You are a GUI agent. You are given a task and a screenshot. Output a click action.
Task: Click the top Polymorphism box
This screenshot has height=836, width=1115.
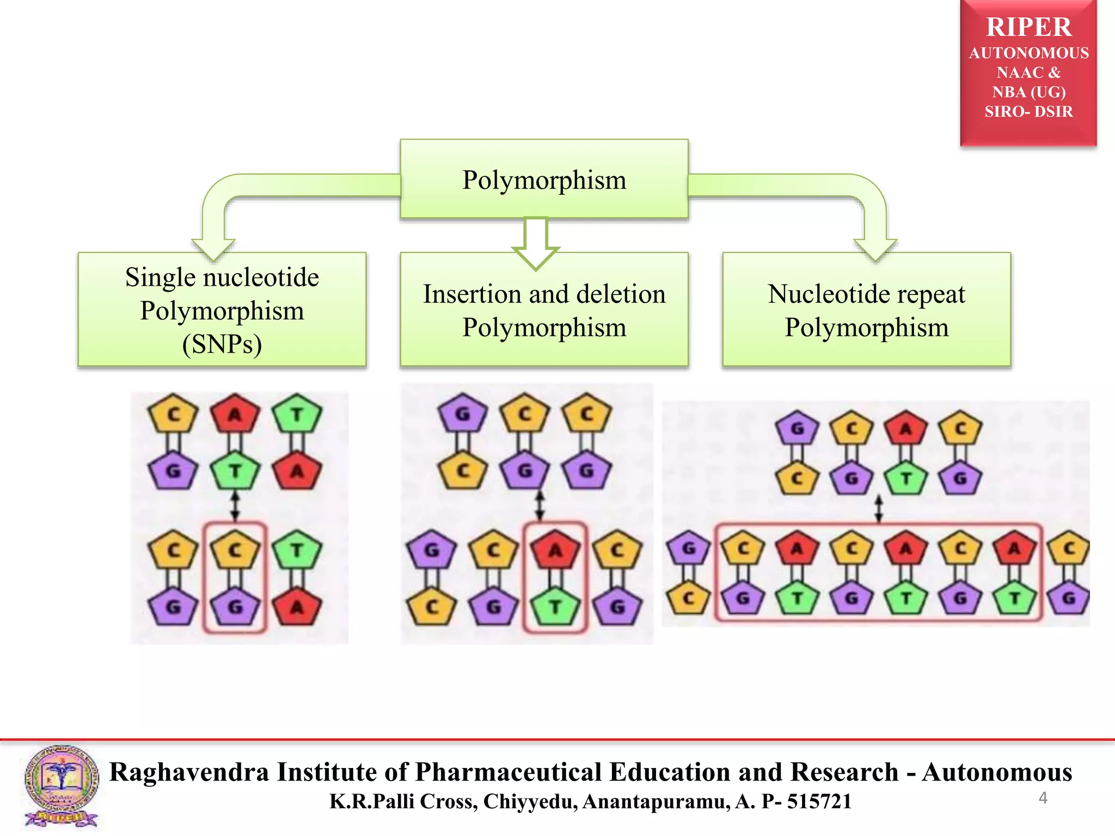tap(544, 180)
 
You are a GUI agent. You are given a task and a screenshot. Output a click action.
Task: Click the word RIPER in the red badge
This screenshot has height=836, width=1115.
tap(1028, 27)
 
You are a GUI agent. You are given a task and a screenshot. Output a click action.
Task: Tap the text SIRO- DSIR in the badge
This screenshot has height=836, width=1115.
tap(1028, 112)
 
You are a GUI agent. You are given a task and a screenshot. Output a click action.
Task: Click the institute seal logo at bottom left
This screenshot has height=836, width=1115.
tap(61, 786)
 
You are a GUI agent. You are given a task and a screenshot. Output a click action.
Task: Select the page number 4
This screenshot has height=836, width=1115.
tap(1043, 798)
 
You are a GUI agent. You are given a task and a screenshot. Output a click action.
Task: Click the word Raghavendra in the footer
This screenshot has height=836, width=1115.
tap(189, 772)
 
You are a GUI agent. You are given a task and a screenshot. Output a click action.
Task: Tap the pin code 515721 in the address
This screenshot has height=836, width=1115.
tap(819, 801)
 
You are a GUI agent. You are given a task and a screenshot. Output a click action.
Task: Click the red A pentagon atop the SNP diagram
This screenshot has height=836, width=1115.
tap(235, 415)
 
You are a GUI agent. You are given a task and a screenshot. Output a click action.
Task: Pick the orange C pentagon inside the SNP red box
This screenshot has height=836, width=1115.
tap(235, 550)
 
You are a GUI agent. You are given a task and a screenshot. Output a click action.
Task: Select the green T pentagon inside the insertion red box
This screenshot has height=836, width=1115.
tap(555, 605)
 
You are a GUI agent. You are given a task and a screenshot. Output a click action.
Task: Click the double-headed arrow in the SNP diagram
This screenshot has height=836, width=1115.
tap(235, 506)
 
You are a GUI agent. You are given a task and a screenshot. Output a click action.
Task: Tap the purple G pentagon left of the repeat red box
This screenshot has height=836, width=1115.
tap(689, 548)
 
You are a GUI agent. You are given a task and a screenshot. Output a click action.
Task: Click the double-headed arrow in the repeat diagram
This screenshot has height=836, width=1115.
tap(878, 508)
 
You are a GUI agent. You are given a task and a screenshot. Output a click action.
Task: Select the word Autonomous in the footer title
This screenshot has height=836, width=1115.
tap(997, 772)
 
